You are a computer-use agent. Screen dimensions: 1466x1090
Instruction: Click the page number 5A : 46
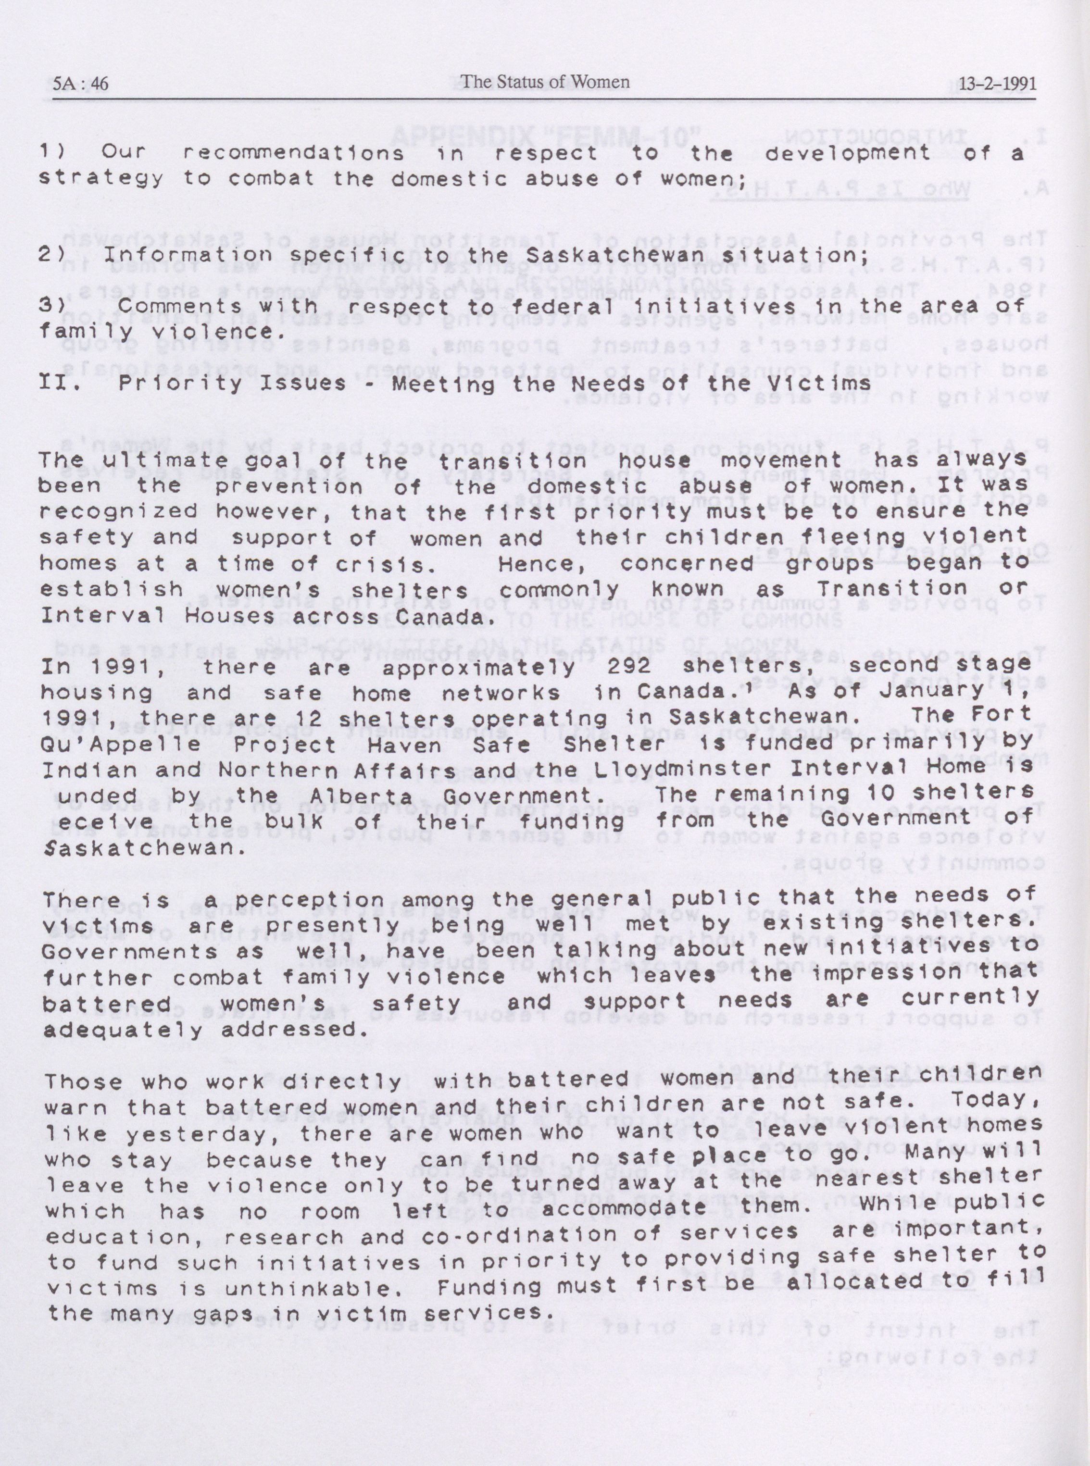[80, 83]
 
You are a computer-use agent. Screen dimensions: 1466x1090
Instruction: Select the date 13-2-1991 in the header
[997, 84]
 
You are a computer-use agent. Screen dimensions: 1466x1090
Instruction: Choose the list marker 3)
[51, 306]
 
